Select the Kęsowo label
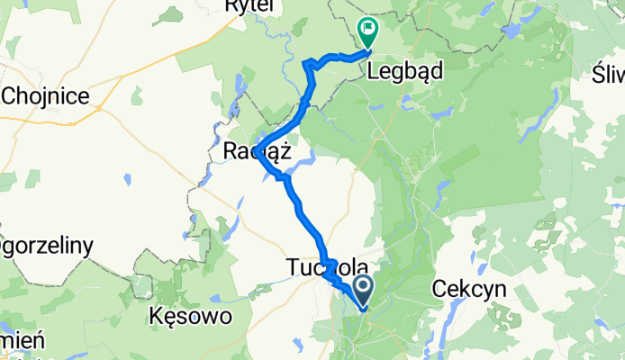click(190, 316)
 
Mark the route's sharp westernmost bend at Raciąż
click(257, 151)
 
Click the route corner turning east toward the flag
click(310, 63)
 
